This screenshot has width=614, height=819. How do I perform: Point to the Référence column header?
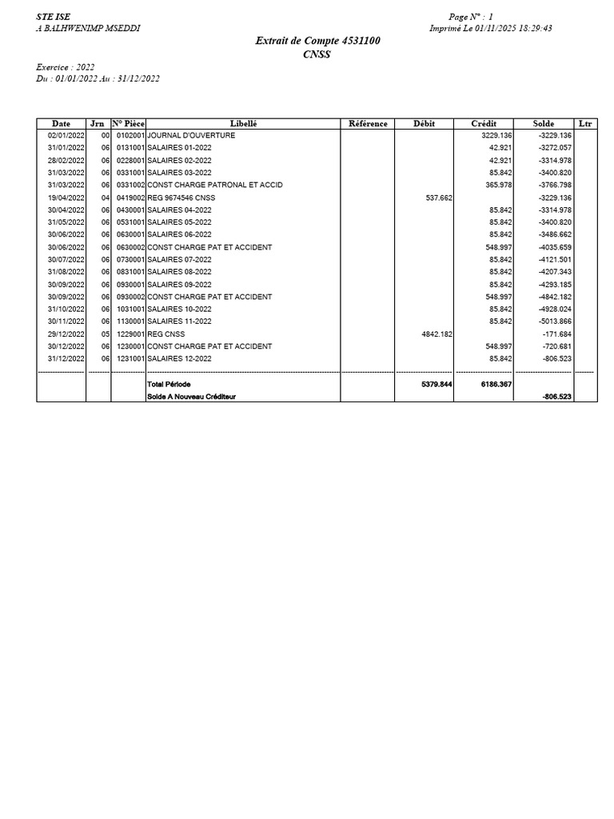point(368,124)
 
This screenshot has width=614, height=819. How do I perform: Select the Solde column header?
point(544,124)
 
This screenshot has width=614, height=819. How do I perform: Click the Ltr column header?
point(585,124)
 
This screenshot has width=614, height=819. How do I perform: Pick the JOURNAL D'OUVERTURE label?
point(191,136)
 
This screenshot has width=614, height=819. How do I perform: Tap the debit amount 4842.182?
point(437,334)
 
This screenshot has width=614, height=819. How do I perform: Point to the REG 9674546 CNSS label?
point(181,198)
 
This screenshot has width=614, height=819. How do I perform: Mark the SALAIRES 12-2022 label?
point(179,358)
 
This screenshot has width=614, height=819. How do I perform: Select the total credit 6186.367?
point(496,385)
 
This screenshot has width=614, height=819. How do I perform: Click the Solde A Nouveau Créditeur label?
point(192,397)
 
